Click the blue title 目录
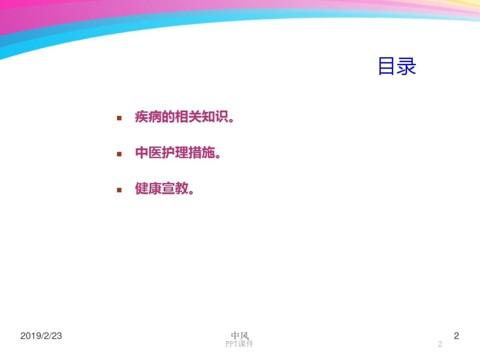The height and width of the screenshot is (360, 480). [x=397, y=66]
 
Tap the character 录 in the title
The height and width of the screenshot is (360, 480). [x=407, y=66]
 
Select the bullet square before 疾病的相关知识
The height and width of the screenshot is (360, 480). [x=119, y=118]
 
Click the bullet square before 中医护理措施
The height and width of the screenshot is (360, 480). [x=119, y=154]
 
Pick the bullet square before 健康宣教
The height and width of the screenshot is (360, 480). [x=119, y=190]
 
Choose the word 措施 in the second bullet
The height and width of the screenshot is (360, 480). [x=202, y=153]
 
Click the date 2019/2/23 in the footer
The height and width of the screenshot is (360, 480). [x=41, y=336]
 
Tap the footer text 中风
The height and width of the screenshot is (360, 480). [x=240, y=335]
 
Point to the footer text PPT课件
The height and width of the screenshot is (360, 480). [x=239, y=344]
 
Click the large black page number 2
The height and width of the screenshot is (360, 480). [x=456, y=336]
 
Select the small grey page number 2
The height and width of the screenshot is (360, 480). [x=440, y=344]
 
